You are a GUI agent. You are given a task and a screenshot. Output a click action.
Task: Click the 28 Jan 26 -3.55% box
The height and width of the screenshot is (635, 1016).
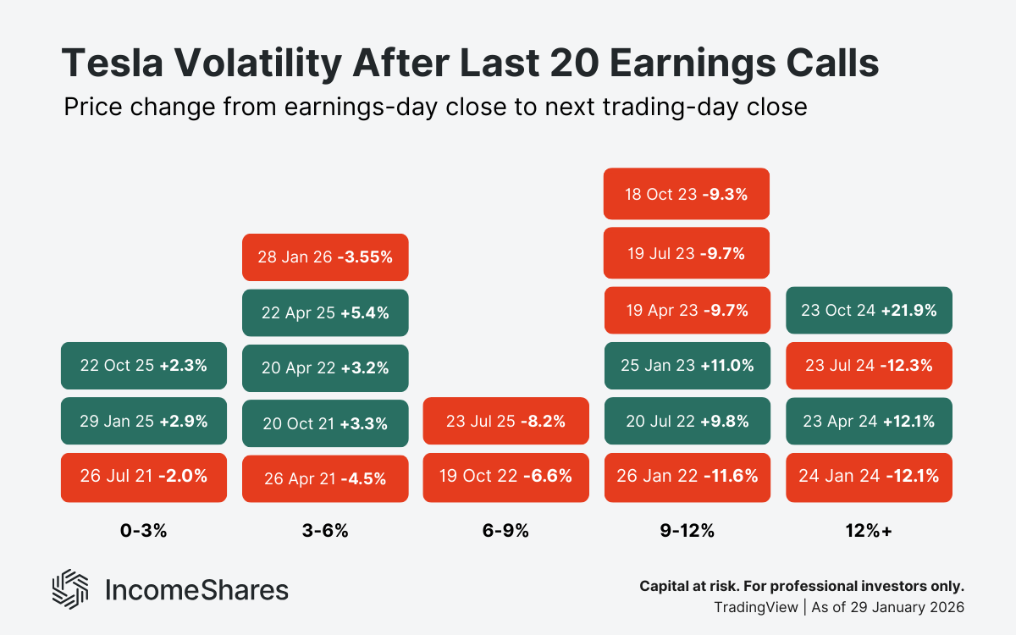[x=325, y=257]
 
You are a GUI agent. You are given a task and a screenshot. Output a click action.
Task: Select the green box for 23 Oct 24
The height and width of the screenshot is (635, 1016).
[x=869, y=310]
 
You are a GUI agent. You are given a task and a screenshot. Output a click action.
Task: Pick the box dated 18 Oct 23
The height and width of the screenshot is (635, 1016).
[x=687, y=193]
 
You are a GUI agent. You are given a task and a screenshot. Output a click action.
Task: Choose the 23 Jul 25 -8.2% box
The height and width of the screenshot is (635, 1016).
[x=505, y=421]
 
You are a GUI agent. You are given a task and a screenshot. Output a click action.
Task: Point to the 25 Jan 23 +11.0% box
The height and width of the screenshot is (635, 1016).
[x=687, y=366]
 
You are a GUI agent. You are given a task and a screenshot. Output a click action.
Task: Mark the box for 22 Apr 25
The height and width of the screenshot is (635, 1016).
[x=325, y=312]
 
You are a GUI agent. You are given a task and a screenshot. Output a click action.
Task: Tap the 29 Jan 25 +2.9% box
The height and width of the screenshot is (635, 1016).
[x=143, y=421]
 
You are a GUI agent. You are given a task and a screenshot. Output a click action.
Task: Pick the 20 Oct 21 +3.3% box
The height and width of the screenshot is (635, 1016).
[x=325, y=423]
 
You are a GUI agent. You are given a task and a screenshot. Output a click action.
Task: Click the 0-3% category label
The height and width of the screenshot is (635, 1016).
[x=143, y=531]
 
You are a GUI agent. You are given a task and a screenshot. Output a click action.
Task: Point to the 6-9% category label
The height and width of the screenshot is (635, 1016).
[x=505, y=531]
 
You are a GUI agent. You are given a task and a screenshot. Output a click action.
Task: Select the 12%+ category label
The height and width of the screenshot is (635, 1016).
[x=869, y=531]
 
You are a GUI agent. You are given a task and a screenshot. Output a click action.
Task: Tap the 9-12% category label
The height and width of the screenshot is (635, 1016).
[x=687, y=531]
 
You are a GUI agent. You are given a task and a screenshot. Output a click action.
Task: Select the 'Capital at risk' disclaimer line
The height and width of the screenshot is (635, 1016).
[x=801, y=586]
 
